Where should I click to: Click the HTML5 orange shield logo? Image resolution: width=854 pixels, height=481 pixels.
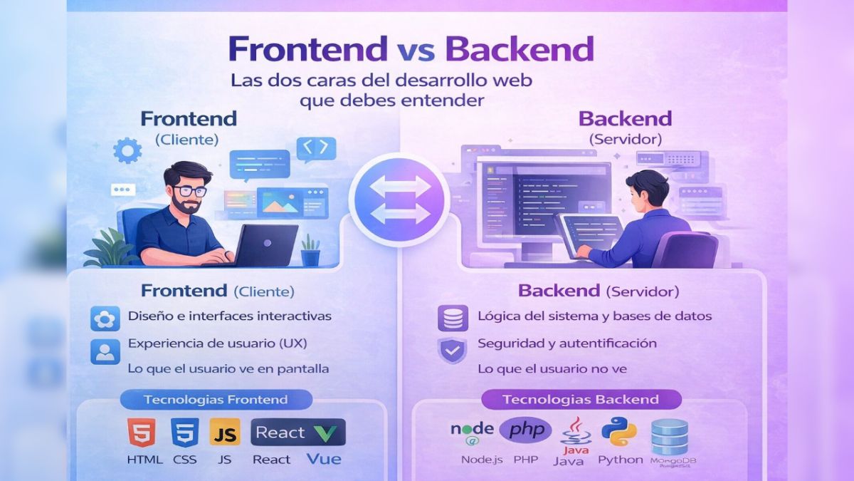[x=141, y=433]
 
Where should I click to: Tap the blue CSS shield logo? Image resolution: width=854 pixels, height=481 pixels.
[x=184, y=433]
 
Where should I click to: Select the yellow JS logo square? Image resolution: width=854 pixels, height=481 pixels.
[x=224, y=433]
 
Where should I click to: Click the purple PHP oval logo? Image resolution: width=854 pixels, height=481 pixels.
[x=525, y=430]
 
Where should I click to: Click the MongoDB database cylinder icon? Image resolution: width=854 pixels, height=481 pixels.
[x=670, y=436]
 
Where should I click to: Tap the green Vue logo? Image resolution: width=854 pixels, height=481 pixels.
[x=328, y=433]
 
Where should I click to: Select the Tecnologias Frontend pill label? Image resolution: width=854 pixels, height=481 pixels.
[x=216, y=400]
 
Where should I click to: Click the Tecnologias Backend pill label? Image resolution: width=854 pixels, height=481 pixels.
[x=581, y=400]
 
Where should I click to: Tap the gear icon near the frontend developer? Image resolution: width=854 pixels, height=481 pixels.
[x=127, y=150]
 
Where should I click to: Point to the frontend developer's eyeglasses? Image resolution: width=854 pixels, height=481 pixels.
[x=189, y=191]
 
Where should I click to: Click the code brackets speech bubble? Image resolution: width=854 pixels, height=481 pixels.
[x=315, y=148]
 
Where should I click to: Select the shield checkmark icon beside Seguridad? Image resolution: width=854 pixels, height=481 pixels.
[x=452, y=350]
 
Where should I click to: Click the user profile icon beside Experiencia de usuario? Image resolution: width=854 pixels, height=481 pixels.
[x=105, y=351]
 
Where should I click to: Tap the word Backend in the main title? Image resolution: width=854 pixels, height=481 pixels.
[x=519, y=49]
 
